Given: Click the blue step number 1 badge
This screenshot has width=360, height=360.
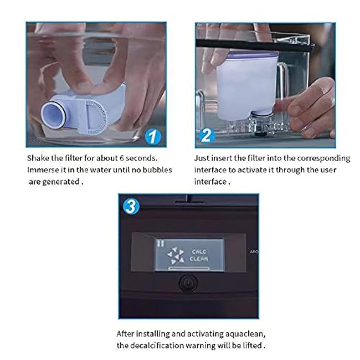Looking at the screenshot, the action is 153,137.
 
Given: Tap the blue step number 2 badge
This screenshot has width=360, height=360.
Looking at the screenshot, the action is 207,135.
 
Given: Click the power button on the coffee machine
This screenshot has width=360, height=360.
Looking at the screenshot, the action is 188,284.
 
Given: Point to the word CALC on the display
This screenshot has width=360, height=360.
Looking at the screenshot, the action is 199,251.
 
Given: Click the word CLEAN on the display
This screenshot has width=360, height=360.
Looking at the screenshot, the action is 199,259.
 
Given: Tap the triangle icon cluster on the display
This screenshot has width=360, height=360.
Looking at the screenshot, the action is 176,256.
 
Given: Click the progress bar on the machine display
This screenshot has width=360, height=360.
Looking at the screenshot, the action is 189,268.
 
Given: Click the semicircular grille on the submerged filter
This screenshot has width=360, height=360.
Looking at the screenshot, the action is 96,117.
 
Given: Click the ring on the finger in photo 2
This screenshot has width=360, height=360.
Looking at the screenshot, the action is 332,101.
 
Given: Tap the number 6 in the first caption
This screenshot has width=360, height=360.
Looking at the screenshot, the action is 122,158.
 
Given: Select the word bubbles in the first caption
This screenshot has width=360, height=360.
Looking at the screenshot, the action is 157,170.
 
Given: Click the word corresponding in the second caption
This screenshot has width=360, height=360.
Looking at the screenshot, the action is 323,158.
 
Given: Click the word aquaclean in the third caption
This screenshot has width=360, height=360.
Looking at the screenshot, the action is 245,334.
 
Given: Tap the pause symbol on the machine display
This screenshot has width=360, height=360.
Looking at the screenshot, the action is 161,244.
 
